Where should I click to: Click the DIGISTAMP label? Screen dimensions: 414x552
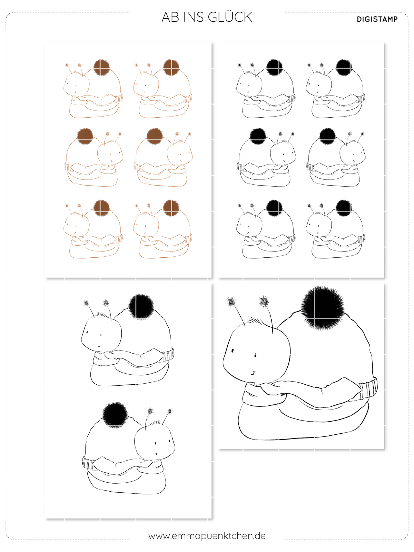click(377, 19)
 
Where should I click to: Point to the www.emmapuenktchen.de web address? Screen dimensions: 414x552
click(207, 536)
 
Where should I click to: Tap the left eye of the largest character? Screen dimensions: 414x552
click(232, 350)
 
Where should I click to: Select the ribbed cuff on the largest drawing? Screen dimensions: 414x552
click(368, 387)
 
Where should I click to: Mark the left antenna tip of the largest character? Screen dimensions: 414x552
click(231, 301)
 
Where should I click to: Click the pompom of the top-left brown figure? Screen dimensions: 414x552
click(101, 68)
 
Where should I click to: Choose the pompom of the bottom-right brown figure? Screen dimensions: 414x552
click(171, 208)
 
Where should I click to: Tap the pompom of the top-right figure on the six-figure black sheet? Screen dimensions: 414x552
click(344, 67)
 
